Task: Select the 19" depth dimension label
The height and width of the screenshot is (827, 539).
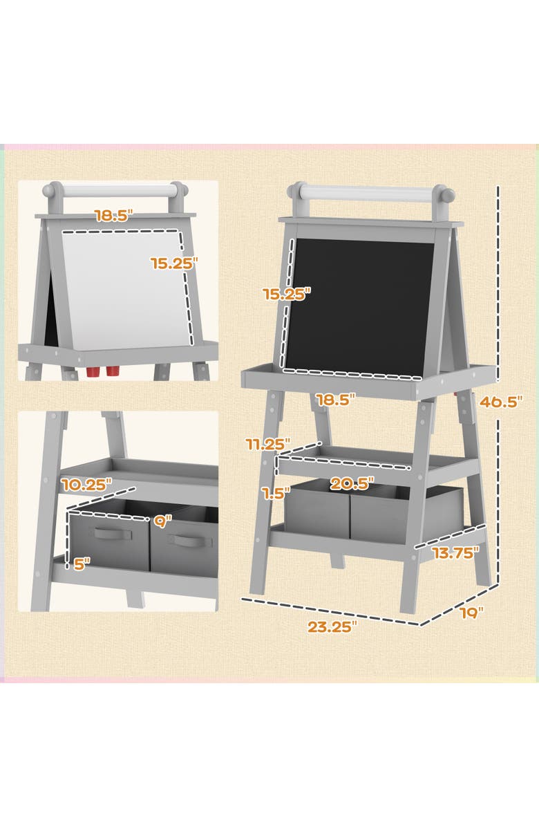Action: (471, 612)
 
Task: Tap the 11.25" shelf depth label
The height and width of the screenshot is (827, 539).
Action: (268, 445)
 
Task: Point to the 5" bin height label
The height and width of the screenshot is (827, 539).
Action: (82, 564)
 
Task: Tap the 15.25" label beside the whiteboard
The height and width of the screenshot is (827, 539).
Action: (175, 263)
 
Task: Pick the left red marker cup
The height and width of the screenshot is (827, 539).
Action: (93, 372)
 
